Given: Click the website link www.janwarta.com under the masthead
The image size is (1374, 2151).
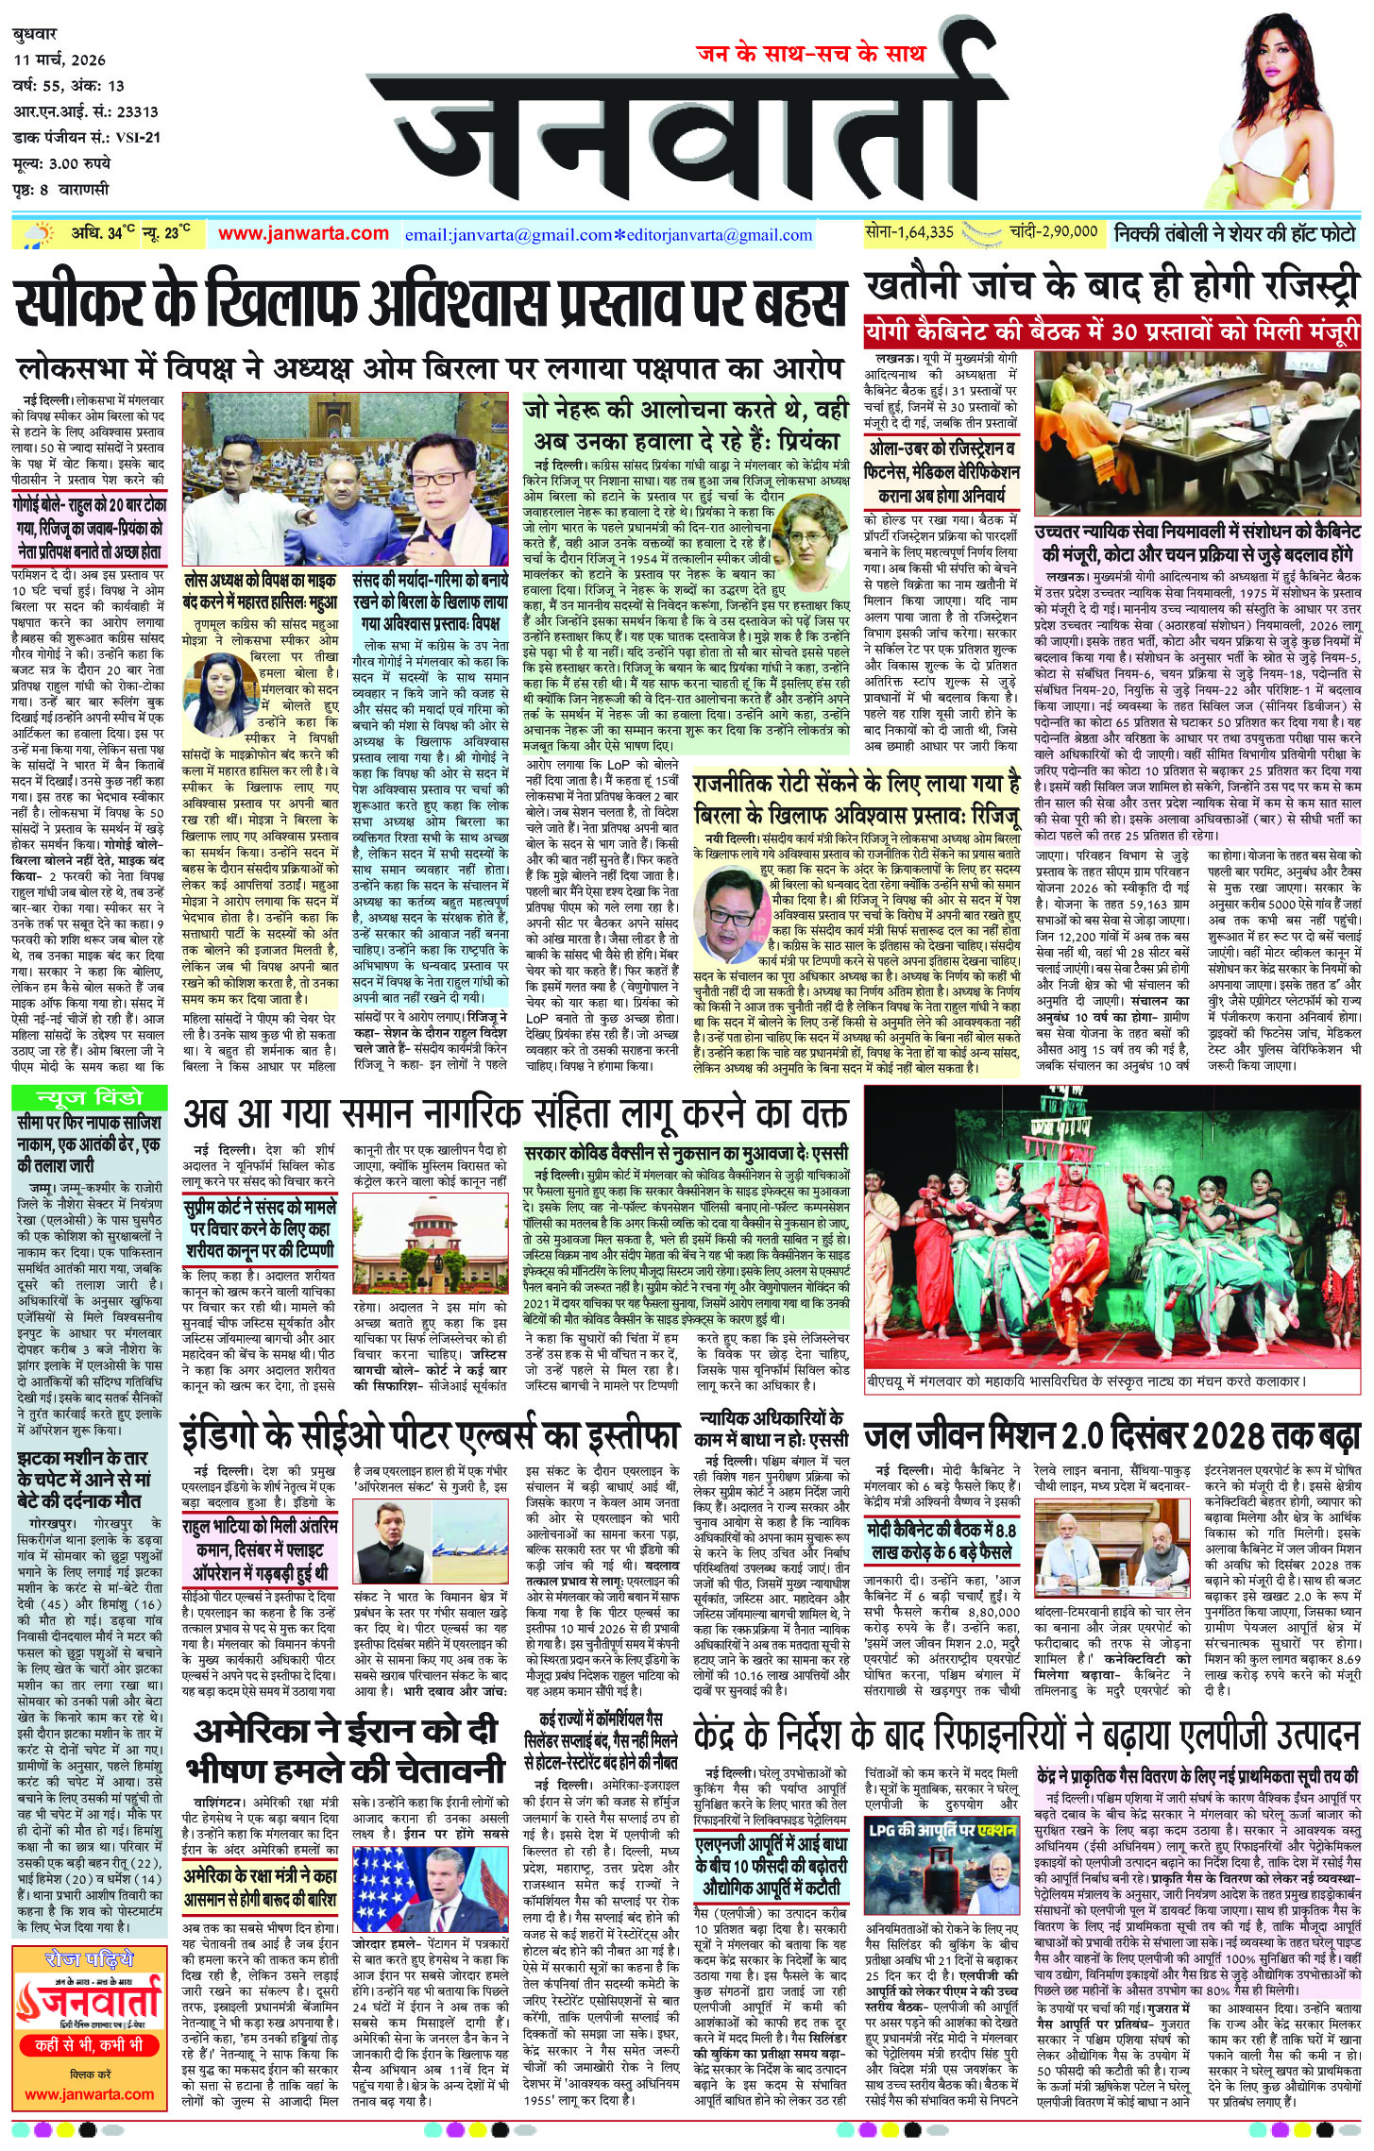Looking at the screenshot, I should point(303,233).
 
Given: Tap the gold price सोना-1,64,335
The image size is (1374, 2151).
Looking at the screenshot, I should point(909,231).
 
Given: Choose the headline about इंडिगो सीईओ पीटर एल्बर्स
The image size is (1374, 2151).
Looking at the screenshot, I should point(431,1435).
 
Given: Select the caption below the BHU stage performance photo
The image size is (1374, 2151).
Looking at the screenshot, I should point(1086,1380).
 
